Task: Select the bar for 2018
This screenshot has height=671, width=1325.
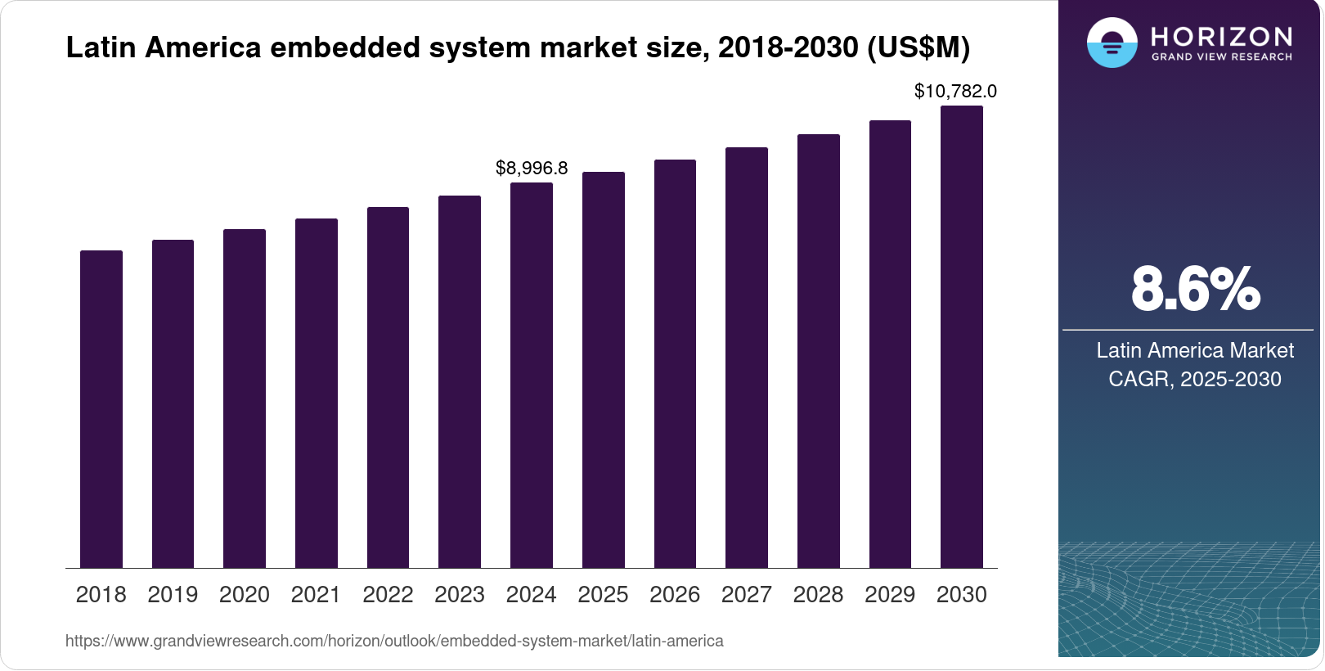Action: tap(101, 409)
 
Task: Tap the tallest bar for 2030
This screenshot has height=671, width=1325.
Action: tap(962, 336)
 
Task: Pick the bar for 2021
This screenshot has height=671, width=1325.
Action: tap(317, 393)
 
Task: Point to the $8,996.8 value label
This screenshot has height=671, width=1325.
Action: tap(532, 168)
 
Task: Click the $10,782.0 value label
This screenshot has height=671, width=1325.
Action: tap(955, 91)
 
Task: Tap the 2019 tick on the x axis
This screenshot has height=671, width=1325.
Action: tap(173, 594)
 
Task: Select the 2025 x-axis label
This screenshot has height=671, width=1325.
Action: tap(603, 594)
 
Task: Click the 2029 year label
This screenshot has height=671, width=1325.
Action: tap(890, 594)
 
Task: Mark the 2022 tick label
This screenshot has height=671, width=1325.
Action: tap(388, 594)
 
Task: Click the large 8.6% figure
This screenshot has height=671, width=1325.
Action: tap(1195, 289)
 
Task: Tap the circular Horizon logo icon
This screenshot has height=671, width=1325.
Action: tap(1112, 43)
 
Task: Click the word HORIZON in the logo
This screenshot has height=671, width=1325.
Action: tap(1222, 36)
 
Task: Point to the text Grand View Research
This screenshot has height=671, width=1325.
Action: tap(1222, 57)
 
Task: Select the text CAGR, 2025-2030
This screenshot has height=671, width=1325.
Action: tap(1195, 379)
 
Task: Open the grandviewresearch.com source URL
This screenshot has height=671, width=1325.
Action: tap(394, 641)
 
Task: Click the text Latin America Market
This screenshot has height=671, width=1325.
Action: tap(1195, 350)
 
